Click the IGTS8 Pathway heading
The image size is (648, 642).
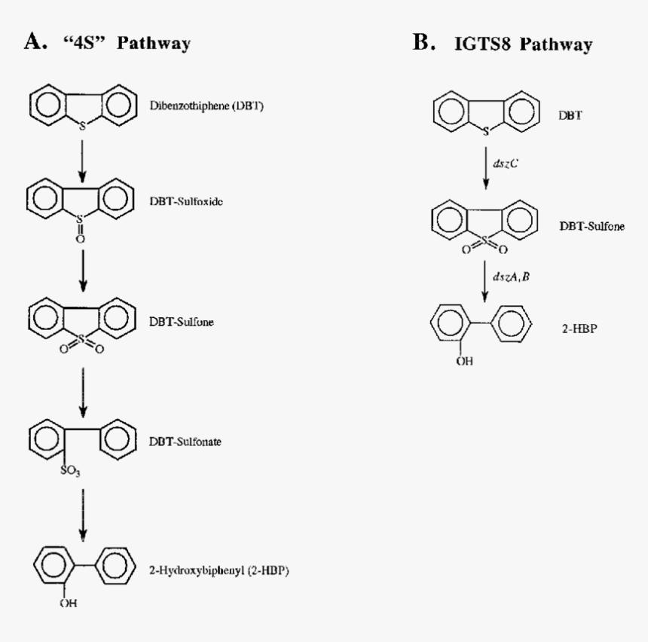click(525, 44)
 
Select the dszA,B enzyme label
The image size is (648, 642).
click(511, 277)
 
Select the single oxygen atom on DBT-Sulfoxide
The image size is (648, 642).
click(82, 238)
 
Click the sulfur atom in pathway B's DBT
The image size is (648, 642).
click(486, 131)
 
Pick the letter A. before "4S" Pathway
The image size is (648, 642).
click(35, 43)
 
